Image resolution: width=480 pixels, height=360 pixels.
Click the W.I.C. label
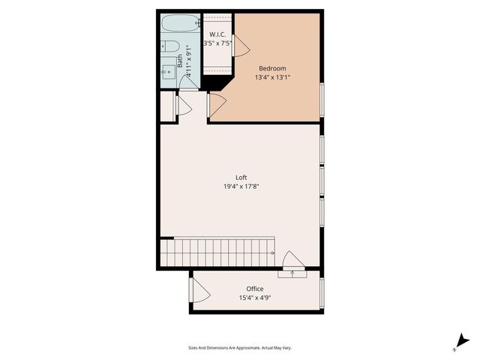pyautogui.click(x=217, y=34)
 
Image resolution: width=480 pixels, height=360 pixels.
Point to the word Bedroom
pyautogui.click(x=272, y=68)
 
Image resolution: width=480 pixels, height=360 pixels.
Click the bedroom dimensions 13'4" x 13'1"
pyautogui.click(x=272, y=76)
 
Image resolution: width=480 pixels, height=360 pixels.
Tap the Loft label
pyautogui.click(x=241, y=178)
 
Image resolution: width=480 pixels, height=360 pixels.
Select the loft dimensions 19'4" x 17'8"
pyautogui.click(x=241, y=187)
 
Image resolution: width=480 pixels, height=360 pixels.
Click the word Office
pyautogui.click(x=255, y=289)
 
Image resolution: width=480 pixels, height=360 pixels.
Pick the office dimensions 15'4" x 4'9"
pyautogui.click(x=255, y=298)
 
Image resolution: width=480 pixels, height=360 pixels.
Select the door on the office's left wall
pyautogui.click(x=199, y=289)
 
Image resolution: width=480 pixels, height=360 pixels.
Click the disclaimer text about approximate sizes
pyautogui.click(x=239, y=348)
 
